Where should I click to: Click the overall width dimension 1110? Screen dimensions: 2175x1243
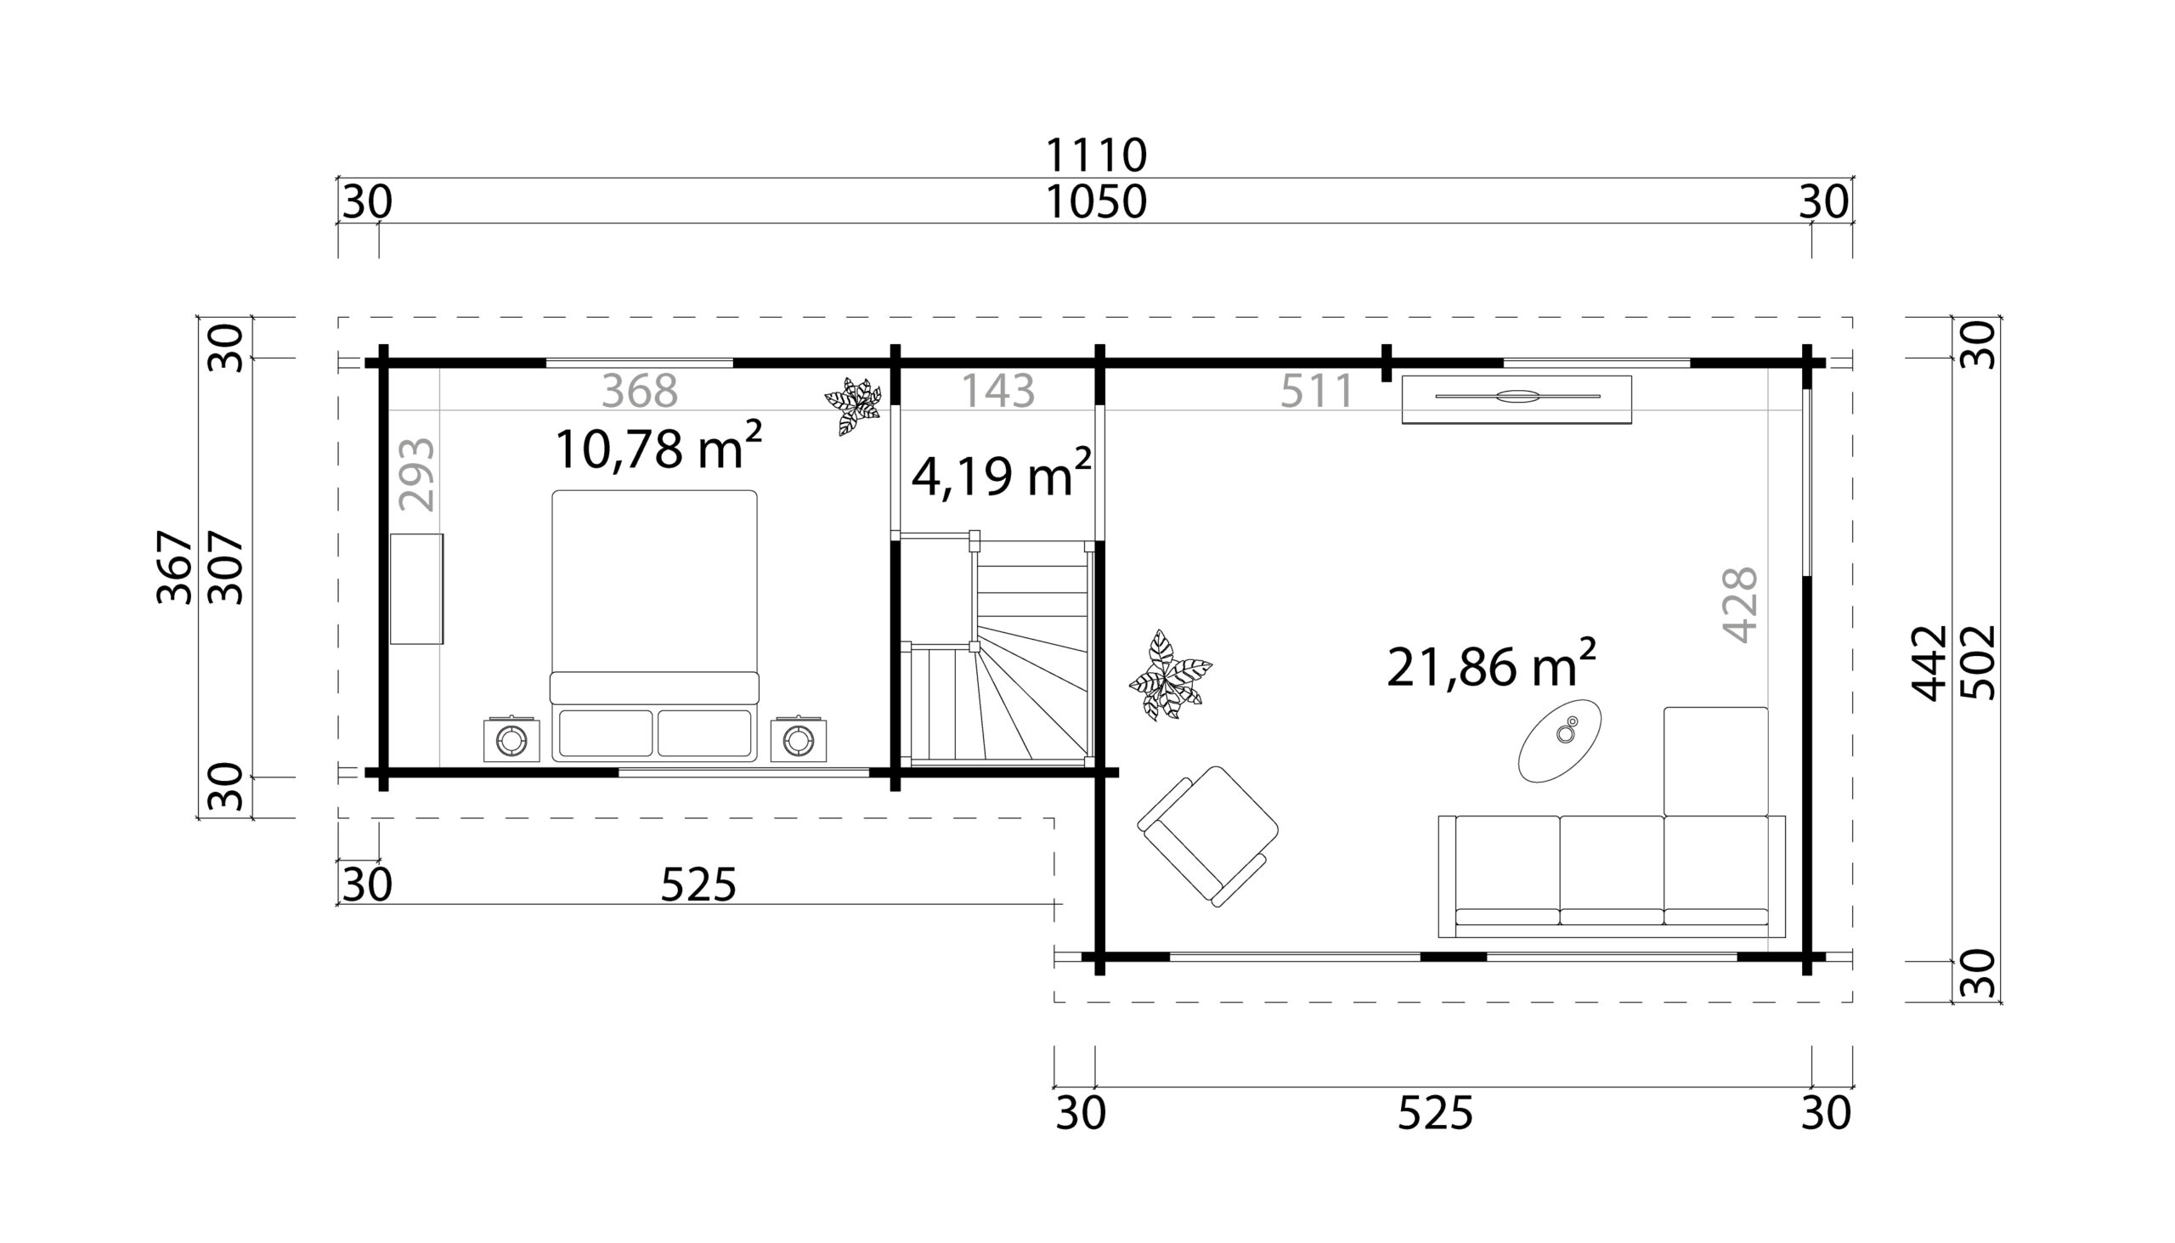coord(1096,155)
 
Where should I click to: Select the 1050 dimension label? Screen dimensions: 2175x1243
coord(1096,202)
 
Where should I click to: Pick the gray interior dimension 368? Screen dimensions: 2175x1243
coord(640,392)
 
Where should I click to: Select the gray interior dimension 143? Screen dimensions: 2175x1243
coord(998,391)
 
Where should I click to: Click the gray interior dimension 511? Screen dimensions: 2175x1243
coord(1316,391)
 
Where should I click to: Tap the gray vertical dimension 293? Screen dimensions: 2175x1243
coord(417,475)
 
